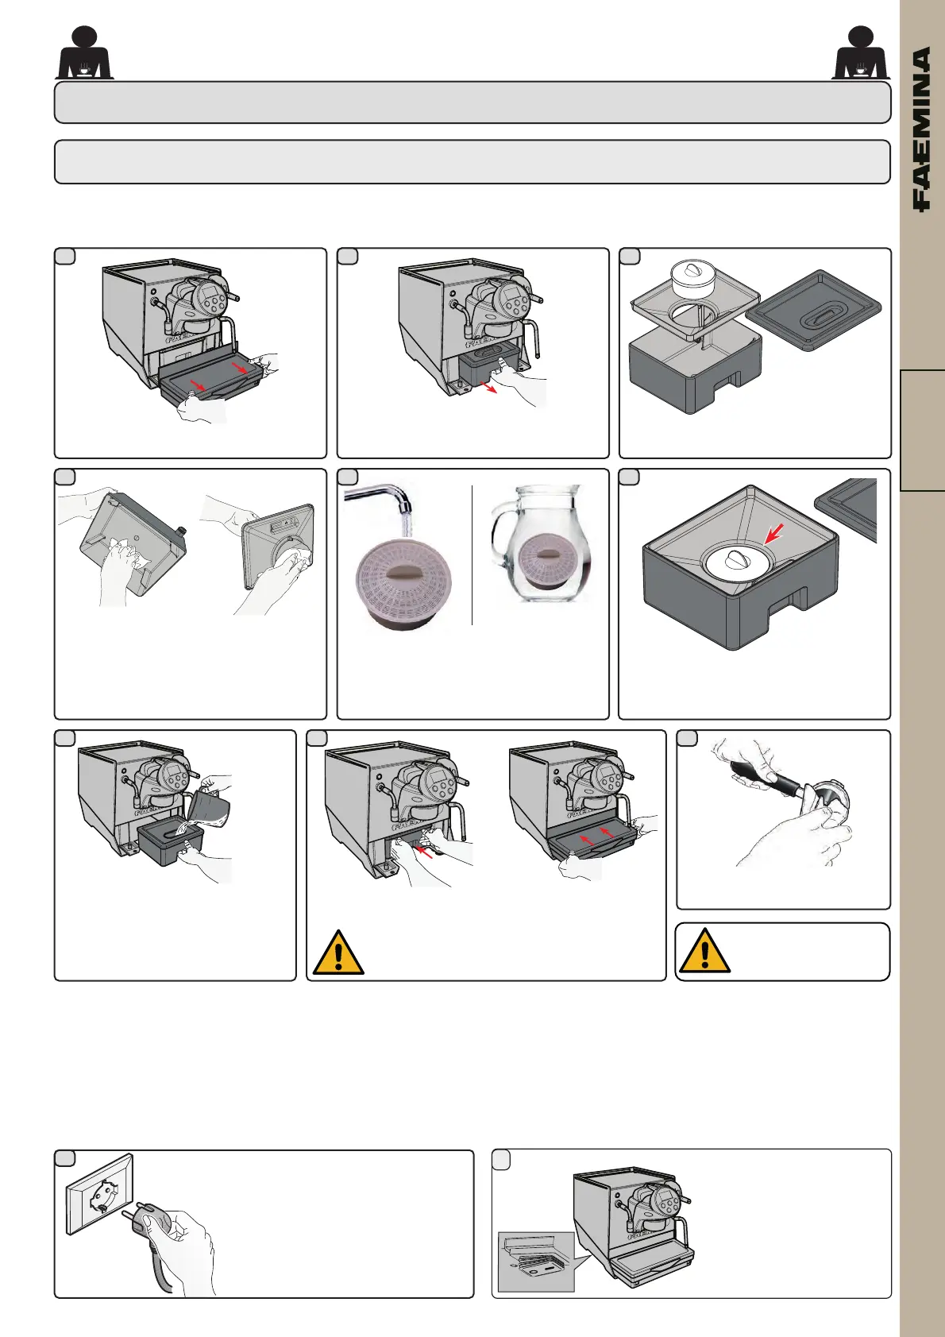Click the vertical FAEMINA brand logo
[921, 129]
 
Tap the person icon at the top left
[83, 54]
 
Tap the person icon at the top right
[861, 54]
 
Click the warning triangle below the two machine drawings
[338, 953]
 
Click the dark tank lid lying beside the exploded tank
[814, 311]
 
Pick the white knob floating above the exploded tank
[695, 279]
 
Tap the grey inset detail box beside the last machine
[536, 1261]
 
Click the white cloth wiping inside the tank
[128, 552]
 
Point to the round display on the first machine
[212, 298]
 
